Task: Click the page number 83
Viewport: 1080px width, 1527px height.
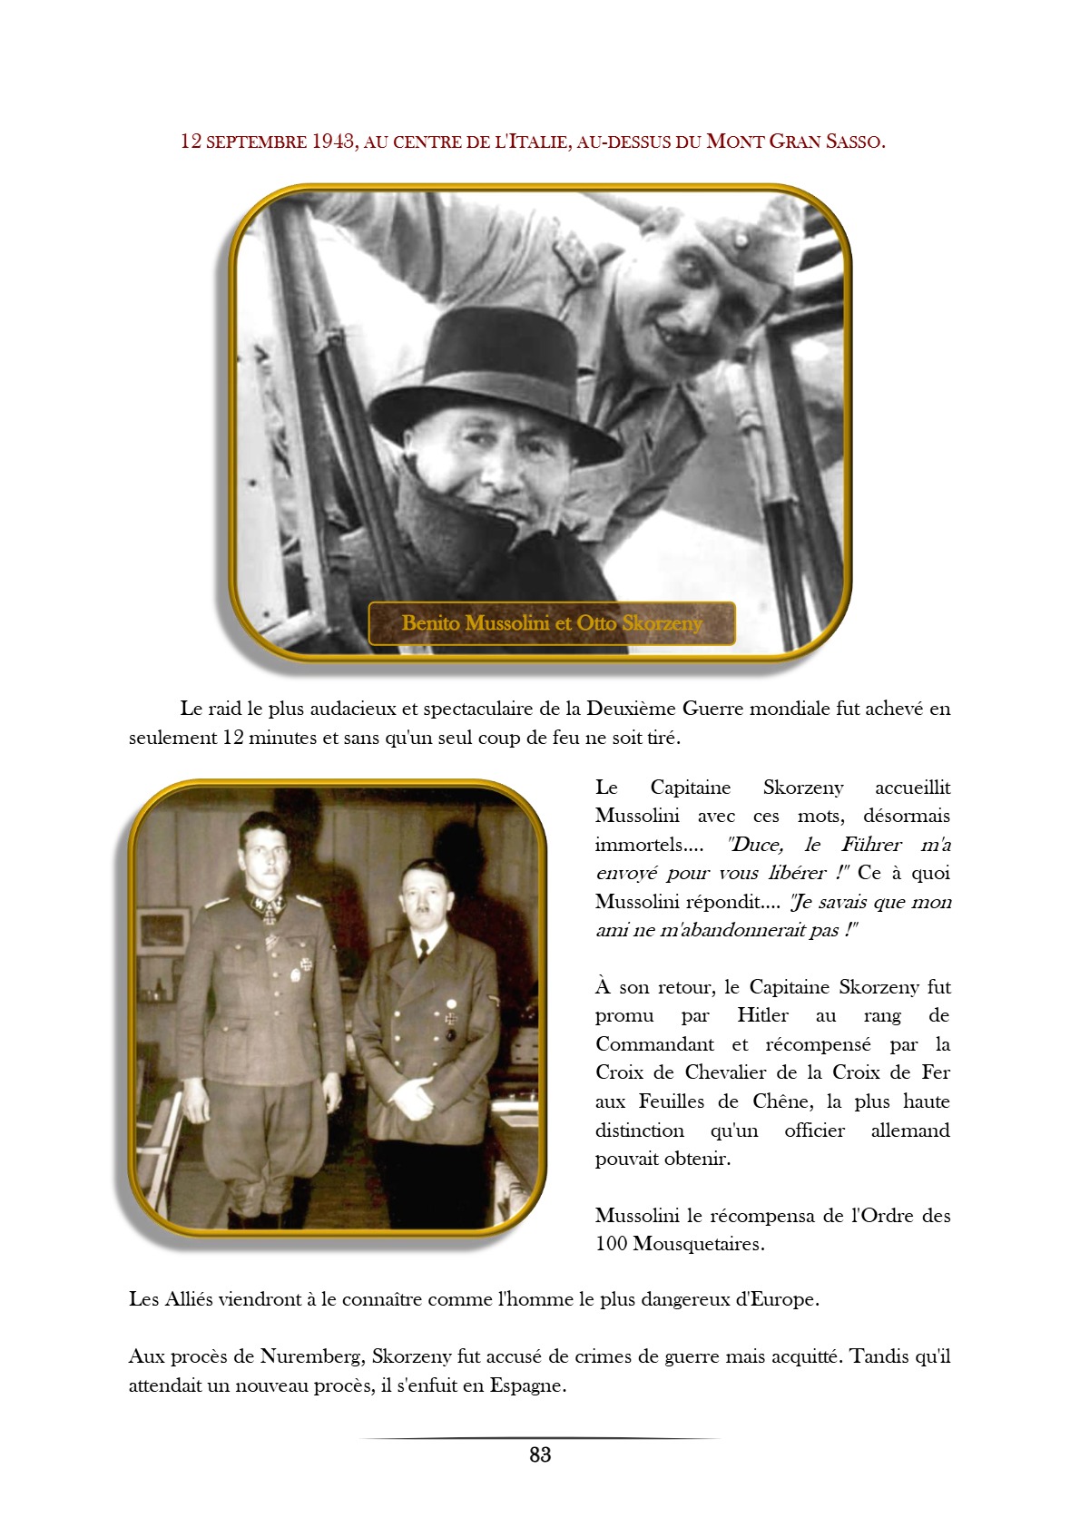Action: (x=540, y=1454)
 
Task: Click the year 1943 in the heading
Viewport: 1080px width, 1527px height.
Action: (x=332, y=142)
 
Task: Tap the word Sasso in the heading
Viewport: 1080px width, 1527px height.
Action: (x=854, y=142)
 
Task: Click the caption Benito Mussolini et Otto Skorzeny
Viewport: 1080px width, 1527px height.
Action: (x=552, y=623)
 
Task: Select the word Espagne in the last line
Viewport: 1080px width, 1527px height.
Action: (x=526, y=1385)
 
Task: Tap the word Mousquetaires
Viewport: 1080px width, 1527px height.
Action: (x=697, y=1244)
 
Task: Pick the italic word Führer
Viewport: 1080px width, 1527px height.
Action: (x=871, y=845)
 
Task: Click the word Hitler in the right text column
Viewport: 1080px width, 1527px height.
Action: (x=762, y=1015)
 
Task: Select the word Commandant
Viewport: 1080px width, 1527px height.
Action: (x=654, y=1044)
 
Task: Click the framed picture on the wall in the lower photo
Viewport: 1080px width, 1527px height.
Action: (x=162, y=932)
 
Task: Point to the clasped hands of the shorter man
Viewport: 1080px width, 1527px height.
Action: (x=413, y=1102)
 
